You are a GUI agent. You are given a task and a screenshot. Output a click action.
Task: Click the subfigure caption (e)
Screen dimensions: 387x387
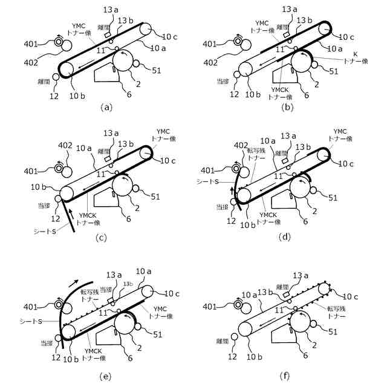coord(105,376)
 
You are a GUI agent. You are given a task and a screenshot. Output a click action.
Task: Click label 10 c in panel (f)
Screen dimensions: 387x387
coord(352,296)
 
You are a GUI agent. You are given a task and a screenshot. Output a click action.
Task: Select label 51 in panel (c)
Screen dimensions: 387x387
coord(156,196)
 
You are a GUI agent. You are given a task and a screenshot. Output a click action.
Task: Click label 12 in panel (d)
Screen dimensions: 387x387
coord(230,221)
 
